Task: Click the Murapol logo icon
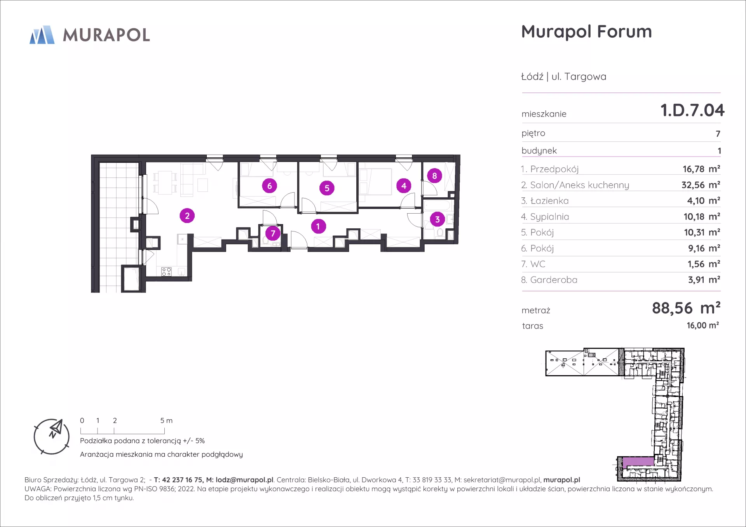[x=42, y=35]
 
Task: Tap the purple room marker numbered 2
[x=187, y=216]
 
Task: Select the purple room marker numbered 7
[x=273, y=233]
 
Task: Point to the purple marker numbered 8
[x=434, y=176]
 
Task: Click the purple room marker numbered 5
[x=327, y=188]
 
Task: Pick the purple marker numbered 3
[x=437, y=219]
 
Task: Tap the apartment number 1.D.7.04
[x=692, y=110]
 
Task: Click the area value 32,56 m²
[x=701, y=185]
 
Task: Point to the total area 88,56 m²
[x=686, y=308]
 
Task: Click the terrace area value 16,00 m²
[x=702, y=325]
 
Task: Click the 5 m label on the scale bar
[x=166, y=421]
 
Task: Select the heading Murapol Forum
[x=586, y=31]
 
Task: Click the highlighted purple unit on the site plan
[x=638, y=462]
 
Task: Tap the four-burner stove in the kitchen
[x=166, y=271]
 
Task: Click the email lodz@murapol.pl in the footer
[x=244, y=480]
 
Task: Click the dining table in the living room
[x=165, y=183]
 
